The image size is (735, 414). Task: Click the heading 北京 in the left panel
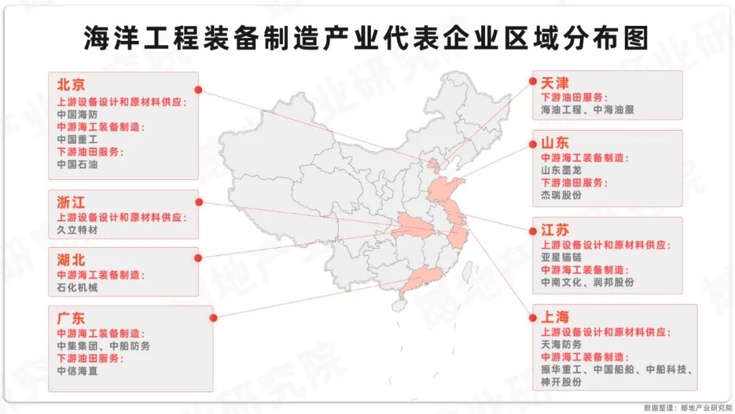pyautogui.click(x=71, y=85)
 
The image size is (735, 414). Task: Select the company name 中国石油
pyautogui.click(x=78, y=164)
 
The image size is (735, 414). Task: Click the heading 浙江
pyautogui.click(x=71, y=202)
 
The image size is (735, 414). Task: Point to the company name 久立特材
pyautogui.click(x=78, y=231)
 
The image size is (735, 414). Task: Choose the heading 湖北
pyautogui.click(x=71, y=259)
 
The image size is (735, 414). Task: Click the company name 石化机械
pyautogui.click(x=78, y=287)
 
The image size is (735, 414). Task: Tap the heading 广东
pyautogui.click(x=71, y=317)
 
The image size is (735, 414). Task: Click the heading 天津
pyautogui.click(x=555, y=83)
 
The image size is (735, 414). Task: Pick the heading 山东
pyautogui.click(x=555, y=143)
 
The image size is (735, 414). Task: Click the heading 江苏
pyautogui.click(x=555, y=229)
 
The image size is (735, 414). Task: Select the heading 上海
pyautogui.click(x=555, y=317)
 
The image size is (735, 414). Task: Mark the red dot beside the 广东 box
pyautogui.click(x=213, y=317)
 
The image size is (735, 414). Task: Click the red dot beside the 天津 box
pyautogui.click(x=533, y=81)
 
